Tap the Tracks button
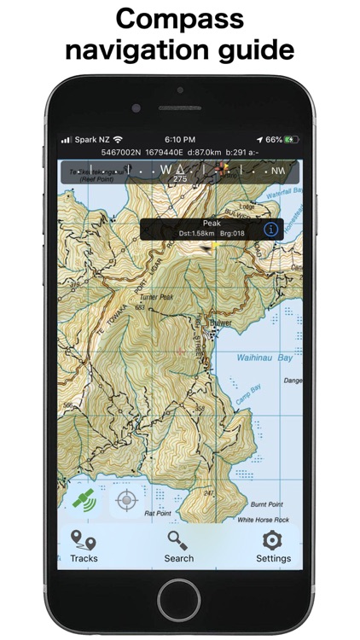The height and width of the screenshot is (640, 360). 84,545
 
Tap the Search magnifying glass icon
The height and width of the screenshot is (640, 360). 178,540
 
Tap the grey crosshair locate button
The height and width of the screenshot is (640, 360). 127,500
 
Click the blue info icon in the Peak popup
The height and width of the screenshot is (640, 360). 270,229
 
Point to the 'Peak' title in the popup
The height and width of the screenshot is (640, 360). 211,224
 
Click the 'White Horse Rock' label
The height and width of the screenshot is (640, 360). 263,519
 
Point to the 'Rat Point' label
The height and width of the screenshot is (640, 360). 158,513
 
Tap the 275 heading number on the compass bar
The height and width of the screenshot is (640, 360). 179,179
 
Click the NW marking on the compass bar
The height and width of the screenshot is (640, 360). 279,171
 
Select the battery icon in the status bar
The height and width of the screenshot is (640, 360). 293,139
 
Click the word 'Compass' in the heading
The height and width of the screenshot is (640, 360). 179,19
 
